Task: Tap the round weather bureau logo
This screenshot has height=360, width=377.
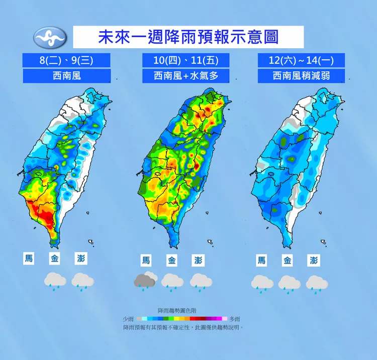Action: click(x=49, y=37)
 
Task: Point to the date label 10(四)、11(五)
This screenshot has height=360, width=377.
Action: click(x=185, y=60)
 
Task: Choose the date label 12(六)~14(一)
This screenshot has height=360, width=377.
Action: click(x=302, y=60)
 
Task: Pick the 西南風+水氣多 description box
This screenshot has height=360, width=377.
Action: click(x=185, y=76)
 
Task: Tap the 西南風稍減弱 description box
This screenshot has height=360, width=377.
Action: click(x=302, y=76)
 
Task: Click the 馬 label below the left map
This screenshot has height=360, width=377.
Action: click(x=29, y=259)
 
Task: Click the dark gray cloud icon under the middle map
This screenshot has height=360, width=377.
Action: click(x=145, y=280)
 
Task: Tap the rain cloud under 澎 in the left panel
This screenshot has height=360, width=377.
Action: click(x=81, y=281)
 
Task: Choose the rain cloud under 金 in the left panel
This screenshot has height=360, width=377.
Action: click(x=54, y=281)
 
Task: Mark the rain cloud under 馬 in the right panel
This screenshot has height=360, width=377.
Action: click(x=261, y=283)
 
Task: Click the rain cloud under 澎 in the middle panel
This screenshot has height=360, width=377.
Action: click(x=201, y=281)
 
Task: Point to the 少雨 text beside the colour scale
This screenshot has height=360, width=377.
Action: click(x=128, y=319)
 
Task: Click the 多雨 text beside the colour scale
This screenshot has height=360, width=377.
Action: click(x=235, y=319)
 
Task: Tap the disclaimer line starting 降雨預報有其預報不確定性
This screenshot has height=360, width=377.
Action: click(x=183, y=327)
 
